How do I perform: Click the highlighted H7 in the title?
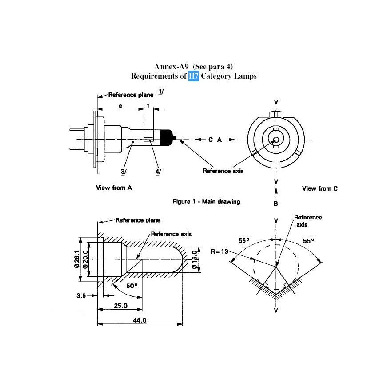tap(193, 76)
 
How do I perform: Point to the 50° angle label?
tap(132, 286)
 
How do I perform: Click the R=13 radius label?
tap(219, 251)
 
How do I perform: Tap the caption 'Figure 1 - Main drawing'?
tap(206, 202)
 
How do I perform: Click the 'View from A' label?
tap(114, 188)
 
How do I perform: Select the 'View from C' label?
tap(319, 188)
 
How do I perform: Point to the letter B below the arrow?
tap(276, 204)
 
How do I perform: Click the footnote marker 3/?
tap(124, 172)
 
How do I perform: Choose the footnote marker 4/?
tap(158, 172)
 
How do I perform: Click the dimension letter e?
tap(120, 106)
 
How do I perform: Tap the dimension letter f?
tap(148, 106)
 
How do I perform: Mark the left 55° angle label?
tap(244, 240)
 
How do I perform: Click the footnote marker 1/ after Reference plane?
tap(161, 92)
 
